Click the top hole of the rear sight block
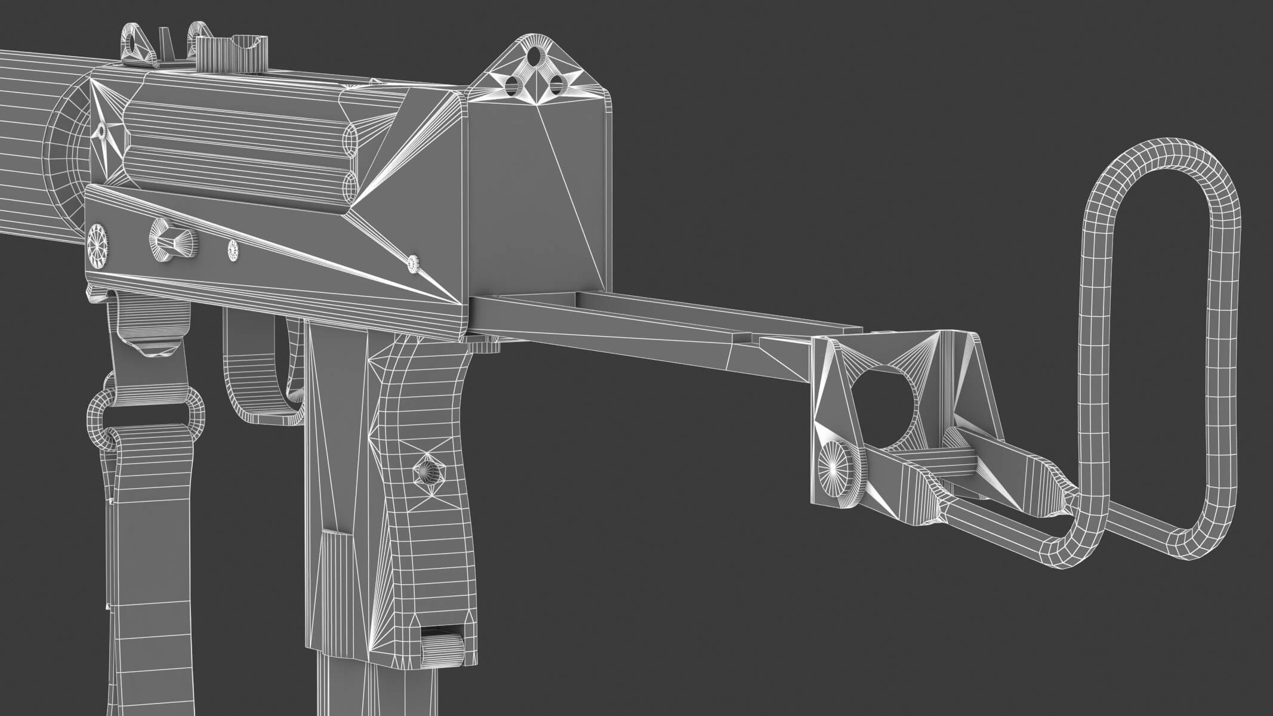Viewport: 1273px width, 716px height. click(x=536, y=58)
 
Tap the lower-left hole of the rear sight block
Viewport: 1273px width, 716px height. click(x=512, y=88)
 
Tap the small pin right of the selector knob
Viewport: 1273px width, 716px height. click(x=233, y=251)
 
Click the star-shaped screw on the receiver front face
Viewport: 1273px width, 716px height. click(x=103, y=131)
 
